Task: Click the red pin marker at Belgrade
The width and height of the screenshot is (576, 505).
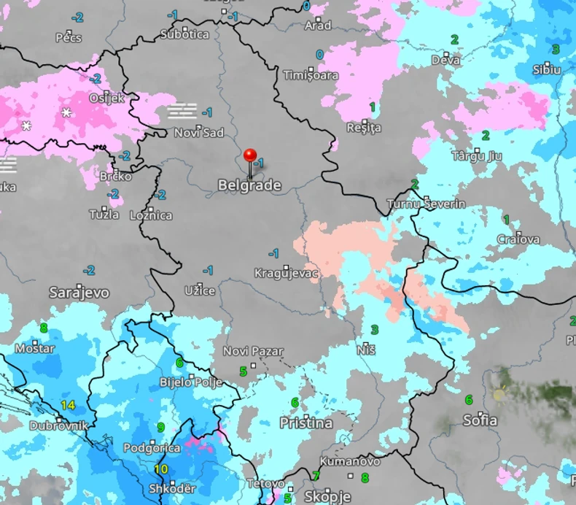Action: (250, 156)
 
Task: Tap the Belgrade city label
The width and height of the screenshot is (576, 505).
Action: (249, 186)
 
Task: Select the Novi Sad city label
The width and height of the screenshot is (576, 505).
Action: (198, 132)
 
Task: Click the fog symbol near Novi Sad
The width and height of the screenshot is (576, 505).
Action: (182, 111)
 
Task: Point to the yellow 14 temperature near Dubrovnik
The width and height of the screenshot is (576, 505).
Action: (69, 405)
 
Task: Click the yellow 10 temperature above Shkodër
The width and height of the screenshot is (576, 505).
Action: (161, 469)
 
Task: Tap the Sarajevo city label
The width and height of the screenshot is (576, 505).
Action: (79, 293)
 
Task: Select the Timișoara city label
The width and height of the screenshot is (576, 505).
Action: (311, 75)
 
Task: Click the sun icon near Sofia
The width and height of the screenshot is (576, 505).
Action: (499, 395)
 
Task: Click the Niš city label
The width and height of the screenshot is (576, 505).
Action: (366, 350)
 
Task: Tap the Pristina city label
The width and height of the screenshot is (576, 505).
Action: (306, 423)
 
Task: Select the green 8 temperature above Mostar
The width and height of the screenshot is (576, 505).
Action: (44, 328)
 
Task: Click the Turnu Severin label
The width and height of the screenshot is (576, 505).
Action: (426, 204)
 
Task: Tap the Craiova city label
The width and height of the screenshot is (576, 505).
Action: (518, 239)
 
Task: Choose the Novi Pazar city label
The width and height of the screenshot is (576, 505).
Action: (253, 352)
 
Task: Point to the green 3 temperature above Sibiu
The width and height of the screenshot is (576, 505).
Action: (556, 50)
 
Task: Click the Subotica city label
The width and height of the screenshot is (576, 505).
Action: (184, 34)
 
